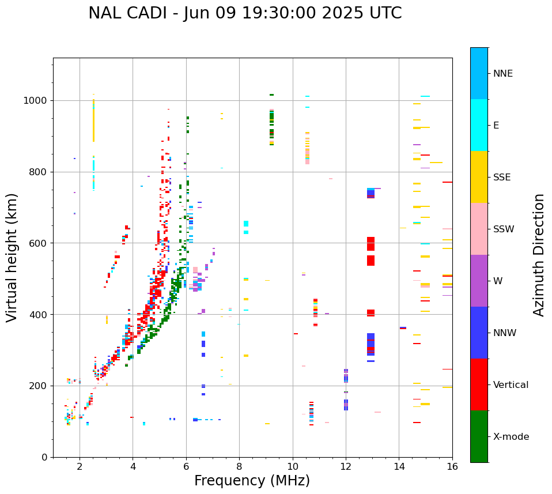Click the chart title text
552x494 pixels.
245,13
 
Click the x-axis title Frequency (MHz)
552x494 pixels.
252,481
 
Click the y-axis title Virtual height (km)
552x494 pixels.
12,258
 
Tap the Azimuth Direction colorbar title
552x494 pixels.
539,255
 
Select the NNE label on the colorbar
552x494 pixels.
502,74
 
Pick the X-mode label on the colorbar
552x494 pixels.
511,437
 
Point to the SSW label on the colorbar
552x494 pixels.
504,229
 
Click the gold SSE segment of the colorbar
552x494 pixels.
479,177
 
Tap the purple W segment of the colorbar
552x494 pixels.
479,281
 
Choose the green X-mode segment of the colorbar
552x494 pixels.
479,436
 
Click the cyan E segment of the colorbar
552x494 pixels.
479,125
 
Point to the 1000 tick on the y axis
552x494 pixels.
36,101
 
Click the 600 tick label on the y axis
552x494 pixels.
39,243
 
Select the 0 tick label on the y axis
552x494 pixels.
44,457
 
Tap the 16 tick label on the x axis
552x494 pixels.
452,467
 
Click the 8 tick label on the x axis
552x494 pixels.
239,467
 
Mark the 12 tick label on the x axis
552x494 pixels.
346,467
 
